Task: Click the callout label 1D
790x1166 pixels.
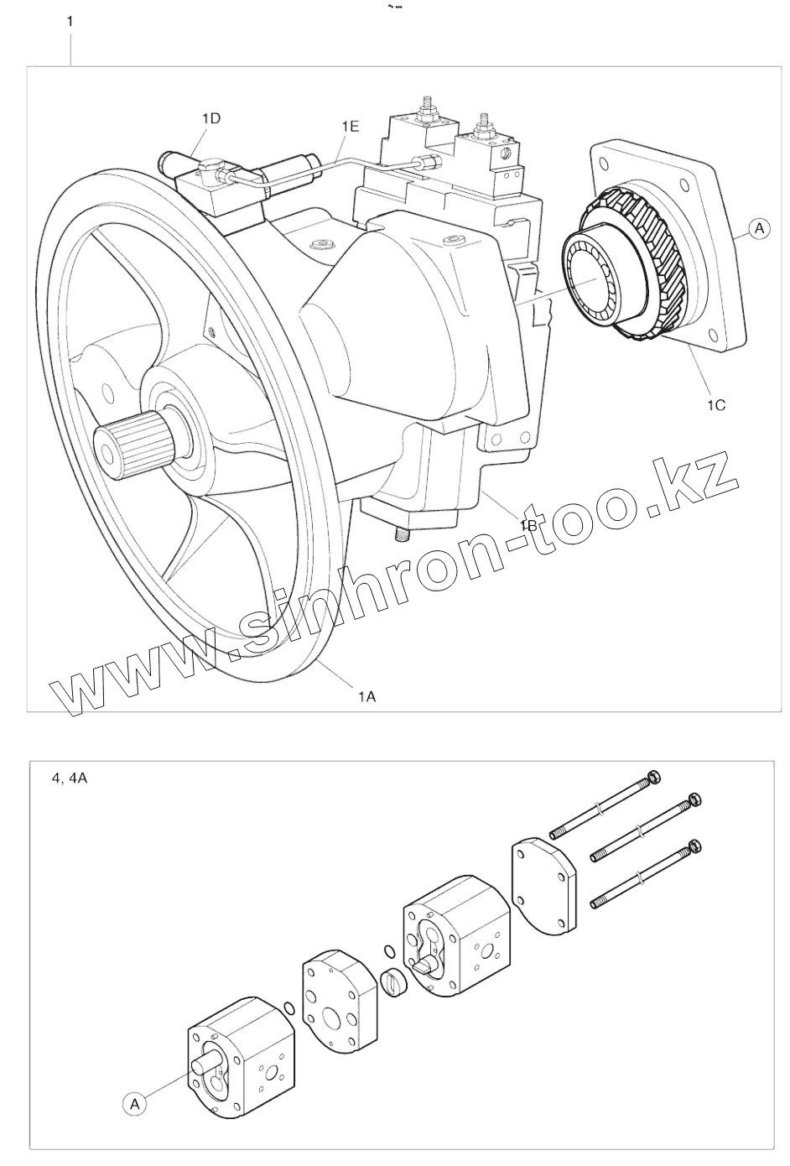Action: [210, 119]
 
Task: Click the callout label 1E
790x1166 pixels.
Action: [350, 126]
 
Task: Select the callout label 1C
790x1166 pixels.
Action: [715, 404]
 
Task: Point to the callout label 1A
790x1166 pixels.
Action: [366, 695]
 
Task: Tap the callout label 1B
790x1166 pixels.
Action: [528, 525]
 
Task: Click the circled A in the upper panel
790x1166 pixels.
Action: [758, 227]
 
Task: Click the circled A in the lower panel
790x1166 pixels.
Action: [133, 1104]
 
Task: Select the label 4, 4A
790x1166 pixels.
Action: [70, 778]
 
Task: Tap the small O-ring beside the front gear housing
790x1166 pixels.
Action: [288, 1007]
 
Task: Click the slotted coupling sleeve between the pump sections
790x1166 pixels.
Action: [393, 982]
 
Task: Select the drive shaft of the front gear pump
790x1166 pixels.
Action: [204, 1064]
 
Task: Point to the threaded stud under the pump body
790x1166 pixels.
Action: [399, 533]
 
